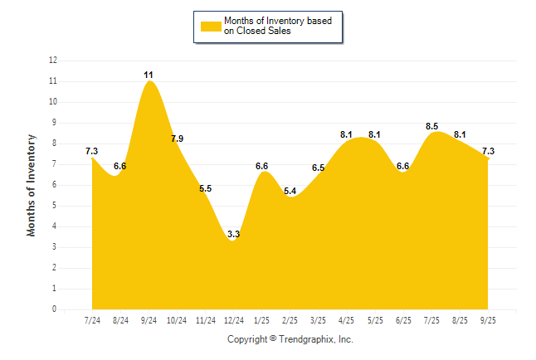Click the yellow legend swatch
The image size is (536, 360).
(211, 26)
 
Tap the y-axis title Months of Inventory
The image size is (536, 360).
(32, 185)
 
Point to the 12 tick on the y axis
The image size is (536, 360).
(53, 61)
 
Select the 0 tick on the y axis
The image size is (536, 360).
(55, 309)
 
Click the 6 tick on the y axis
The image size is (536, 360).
(55, 185)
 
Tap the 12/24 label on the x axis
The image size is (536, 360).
(234, 320)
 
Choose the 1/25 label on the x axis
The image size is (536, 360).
(262, 320)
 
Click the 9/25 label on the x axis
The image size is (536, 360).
(488, 320)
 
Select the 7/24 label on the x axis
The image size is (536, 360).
(92, 320)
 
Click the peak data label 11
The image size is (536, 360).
(149, 75)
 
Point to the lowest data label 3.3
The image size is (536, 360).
(233, 235)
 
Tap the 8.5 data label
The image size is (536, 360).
(432, 126)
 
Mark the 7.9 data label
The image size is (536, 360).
(177, 139)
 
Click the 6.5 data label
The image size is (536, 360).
(319, 168)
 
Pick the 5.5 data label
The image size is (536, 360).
(206, 188)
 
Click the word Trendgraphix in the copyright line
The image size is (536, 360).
(306, 339)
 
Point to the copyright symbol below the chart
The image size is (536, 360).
(273, 339)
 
